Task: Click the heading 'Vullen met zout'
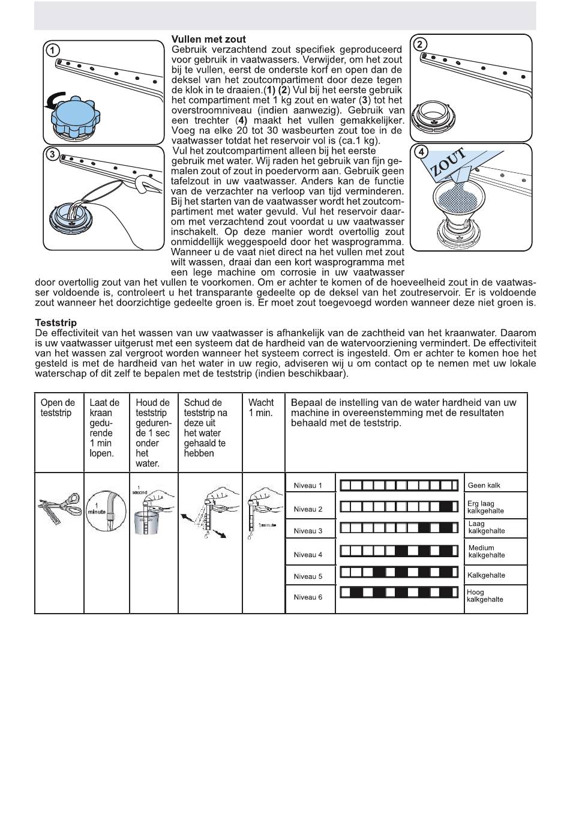pyautogui.click(x=208, y=40)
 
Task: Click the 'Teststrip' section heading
pyautogui.click(x=56, y=323)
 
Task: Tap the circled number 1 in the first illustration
pyautogui.click(x=53, y=50)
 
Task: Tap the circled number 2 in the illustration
pyautogui.click(x=421, y=44)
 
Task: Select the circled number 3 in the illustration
pyautogui.click(x=53, y=154)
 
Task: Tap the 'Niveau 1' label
pyautogui.click(x=308, y=486)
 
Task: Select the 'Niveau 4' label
pyautogui.click(x=308, y=555)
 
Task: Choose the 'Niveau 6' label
pyautogui.click(x=308, y=597)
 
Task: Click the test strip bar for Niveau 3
pyautogui.click(x=399, y=528)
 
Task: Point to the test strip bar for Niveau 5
pyautogui.click(x=399, y=572)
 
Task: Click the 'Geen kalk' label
pyautogui.click(x=484, y=486)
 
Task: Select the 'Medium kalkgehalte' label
pyautogui.click(x=486, y=551)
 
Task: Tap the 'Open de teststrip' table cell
pyautogui.click(x=58, y=408)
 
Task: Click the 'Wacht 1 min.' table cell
pyautogui.click(x=261, y=408)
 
